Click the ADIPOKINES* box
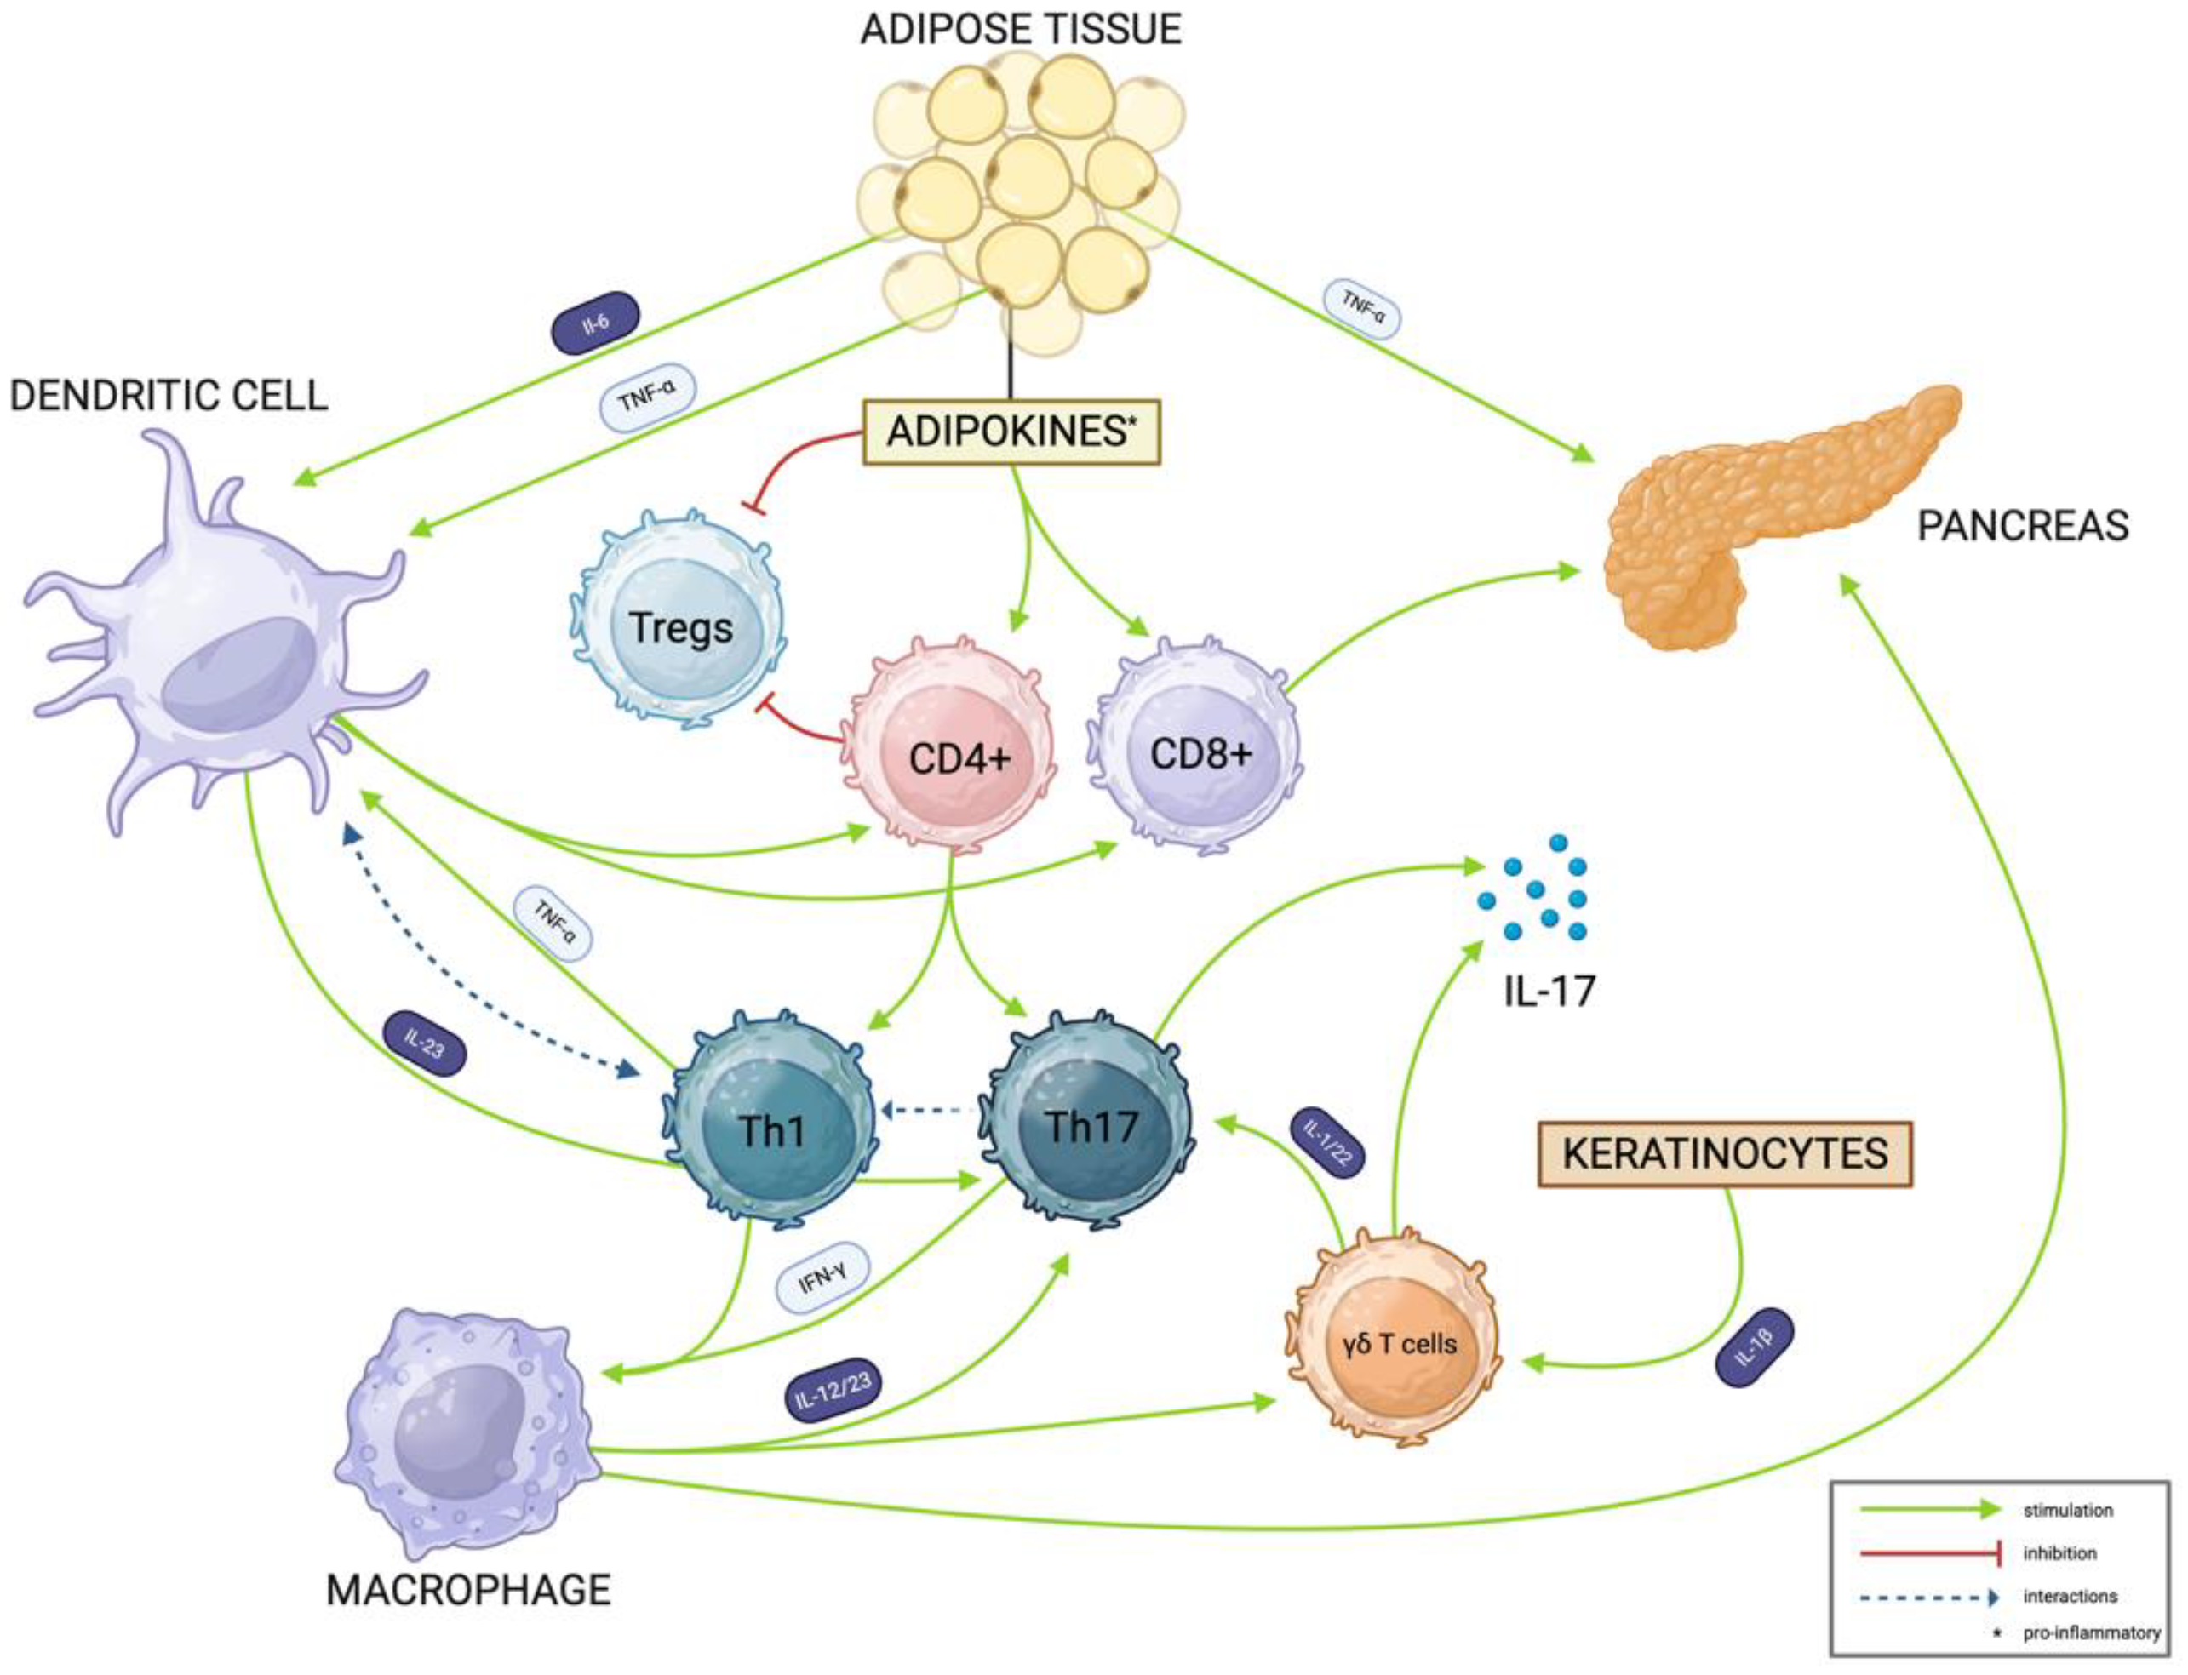(x=1011, y=432)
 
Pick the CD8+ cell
(x=1200, y=752)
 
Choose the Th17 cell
(x=1091, y=1127)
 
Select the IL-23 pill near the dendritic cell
(x=425, y=1043)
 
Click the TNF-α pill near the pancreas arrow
(x=1361, y=308)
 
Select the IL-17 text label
(x=1549, y=990)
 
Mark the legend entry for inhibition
(x=2059, y=1552)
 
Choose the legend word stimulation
(x=2067, y=1510)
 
